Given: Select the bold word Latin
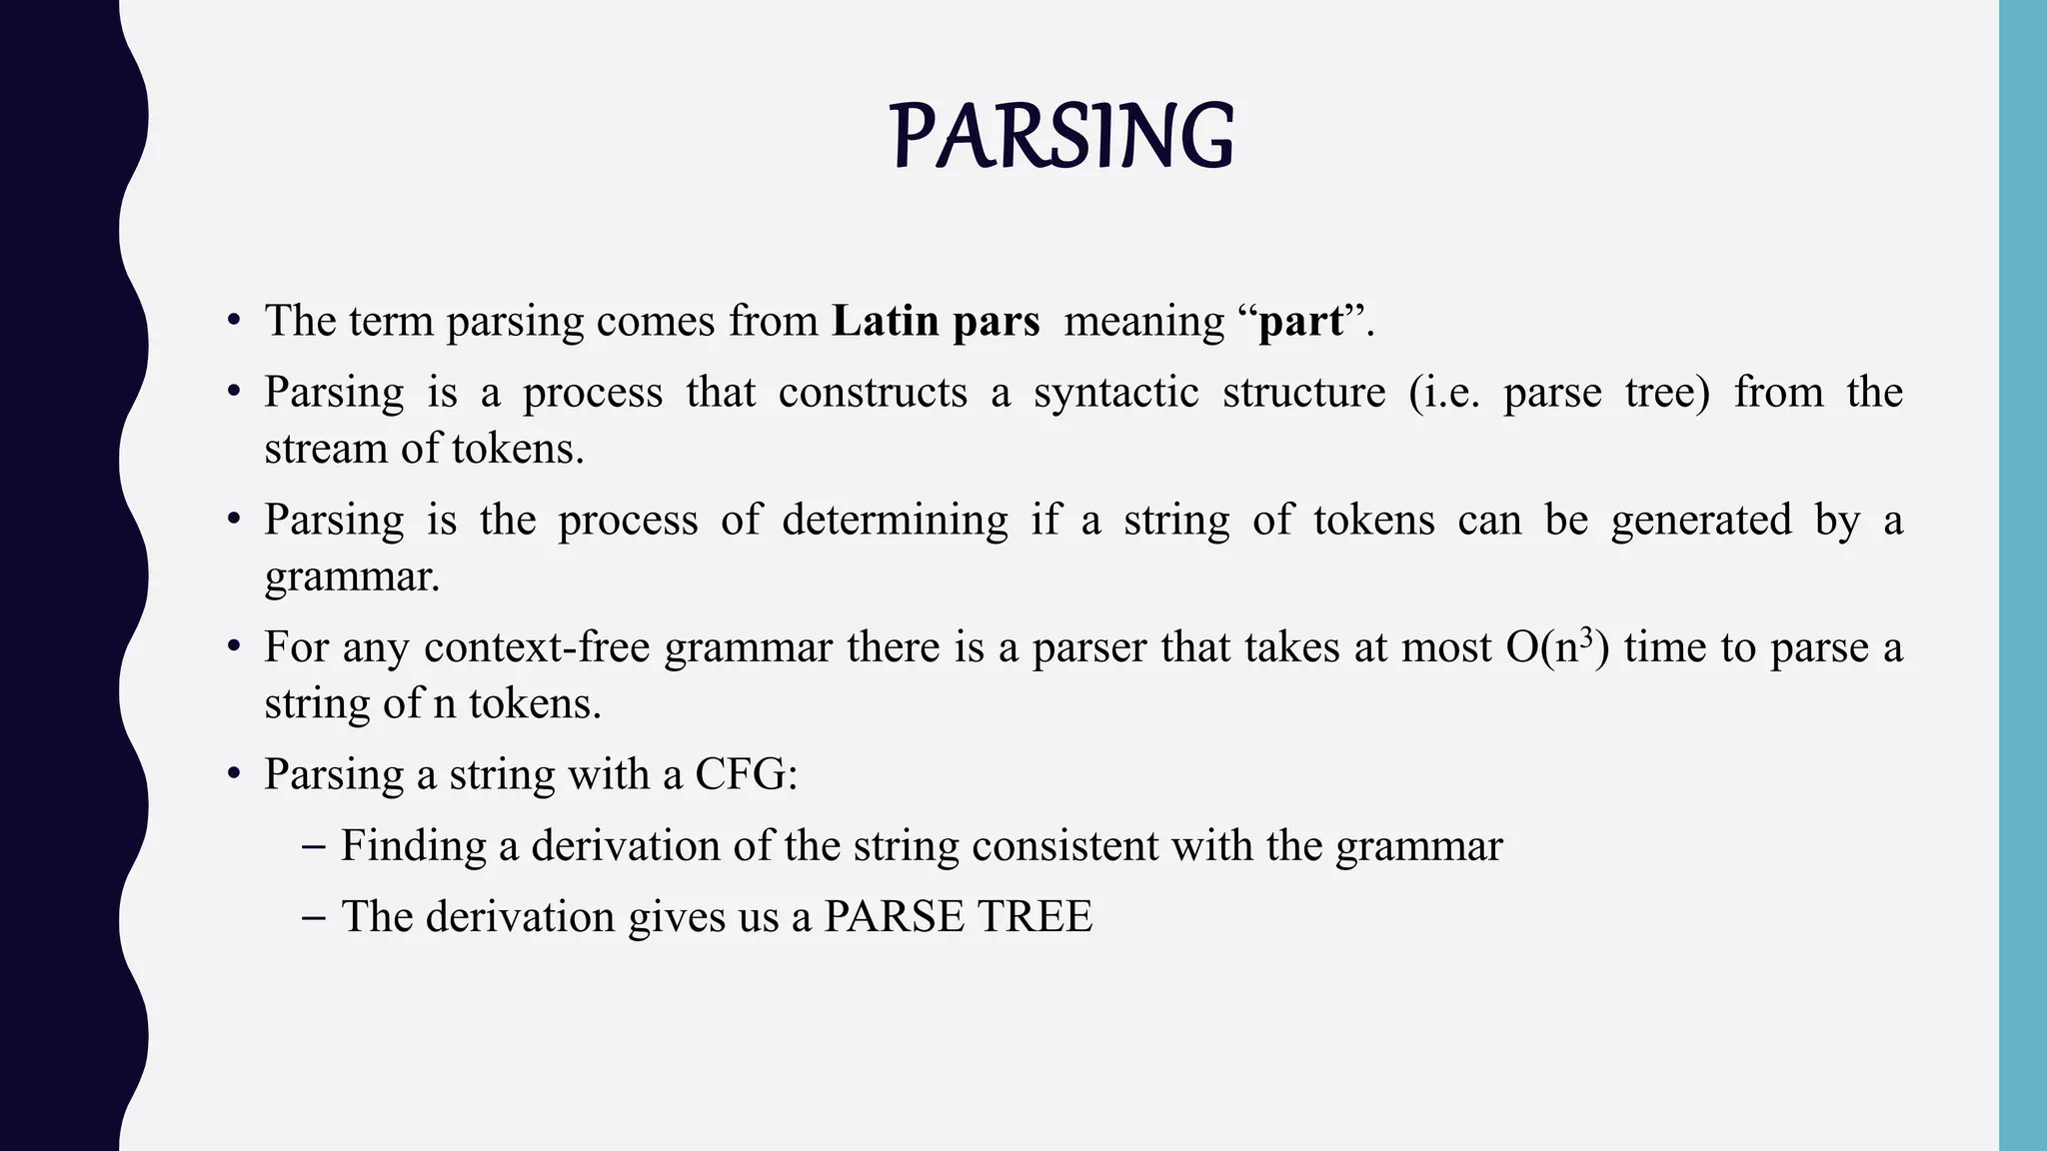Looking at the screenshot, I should coord(885,322).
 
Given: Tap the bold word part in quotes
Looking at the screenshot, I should coord(1300,322).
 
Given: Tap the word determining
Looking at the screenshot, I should coord(895,521).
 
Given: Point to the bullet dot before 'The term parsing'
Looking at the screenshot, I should coord(234,322).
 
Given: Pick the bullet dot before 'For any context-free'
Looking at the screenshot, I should coord(234,648).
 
